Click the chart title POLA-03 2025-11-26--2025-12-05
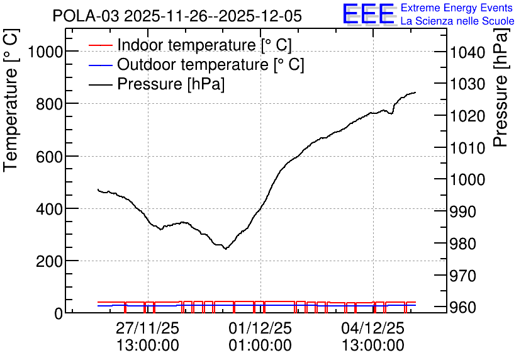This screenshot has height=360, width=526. coord(177,16)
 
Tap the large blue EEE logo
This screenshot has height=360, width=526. coord(368,14)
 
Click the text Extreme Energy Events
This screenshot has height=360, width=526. coord(457,8)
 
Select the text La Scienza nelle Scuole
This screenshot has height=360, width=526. coord(457,21)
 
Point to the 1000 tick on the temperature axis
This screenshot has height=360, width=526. coord(46,52)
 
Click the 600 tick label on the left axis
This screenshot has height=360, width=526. coord(49,157)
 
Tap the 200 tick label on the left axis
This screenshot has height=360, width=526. coord(49,261)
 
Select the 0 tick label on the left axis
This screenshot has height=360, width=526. coord(59,313)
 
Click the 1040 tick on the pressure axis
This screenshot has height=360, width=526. coord(467,53)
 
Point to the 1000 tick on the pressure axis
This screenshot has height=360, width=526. coord(467,179)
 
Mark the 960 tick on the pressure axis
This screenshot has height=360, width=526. coord(463,307)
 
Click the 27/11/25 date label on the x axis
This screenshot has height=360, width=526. coord(148,328)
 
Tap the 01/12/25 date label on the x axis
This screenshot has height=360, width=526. coord(260,328)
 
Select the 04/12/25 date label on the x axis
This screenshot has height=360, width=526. coord(373,328)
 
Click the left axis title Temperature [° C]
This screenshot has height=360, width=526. coord(11,100)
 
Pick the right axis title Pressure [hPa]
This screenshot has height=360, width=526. coord(501,87)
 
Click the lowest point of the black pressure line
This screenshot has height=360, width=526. coord(226,249)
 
